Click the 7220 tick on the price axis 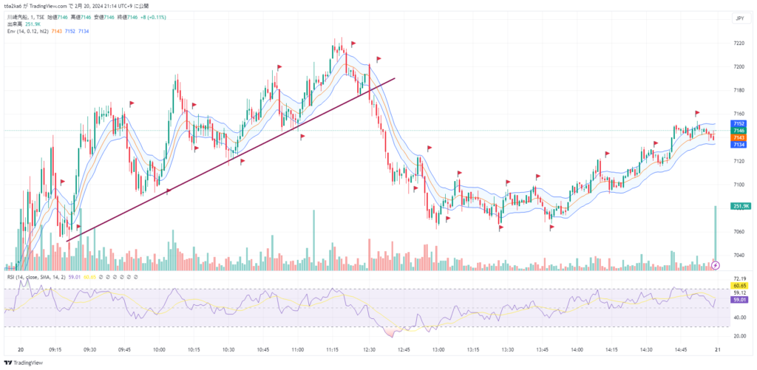(739, 44)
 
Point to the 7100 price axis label (739, 185)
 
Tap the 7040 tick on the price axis (739, 256)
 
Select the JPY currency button (739, 18)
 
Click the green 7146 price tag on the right (739, 130)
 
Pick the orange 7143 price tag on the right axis (739, 137)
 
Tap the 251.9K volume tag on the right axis (740, 206)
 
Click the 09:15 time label (56, 349)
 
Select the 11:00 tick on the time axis (298, 349)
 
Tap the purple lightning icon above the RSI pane (716, 264)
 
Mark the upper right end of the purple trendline (395, 78)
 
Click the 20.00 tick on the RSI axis (739, 336)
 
